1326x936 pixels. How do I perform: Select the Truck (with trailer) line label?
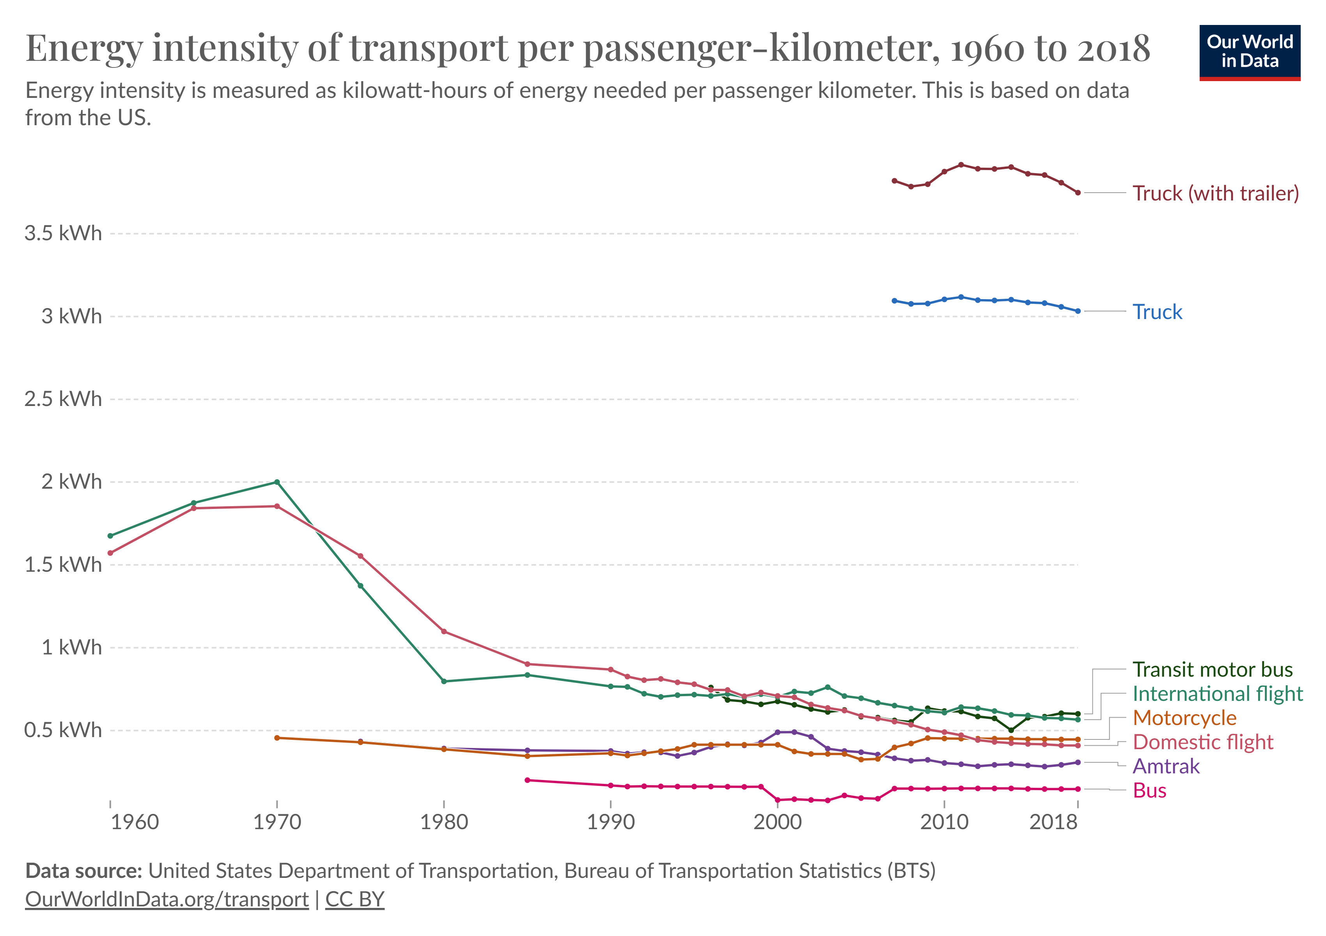[1215, 193]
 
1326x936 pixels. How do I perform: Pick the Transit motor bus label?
[1212, 669]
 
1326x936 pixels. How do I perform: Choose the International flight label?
[1218, 693]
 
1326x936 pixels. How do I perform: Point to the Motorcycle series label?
[1184, 718]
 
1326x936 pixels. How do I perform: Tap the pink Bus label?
[1149, 791]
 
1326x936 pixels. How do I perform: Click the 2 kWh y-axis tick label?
[71, 482]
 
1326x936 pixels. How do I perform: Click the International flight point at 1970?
[277, 482]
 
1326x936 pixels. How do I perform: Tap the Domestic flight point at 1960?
[110, 553]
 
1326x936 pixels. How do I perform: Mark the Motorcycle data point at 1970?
[277, 738]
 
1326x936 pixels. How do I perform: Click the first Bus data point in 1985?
[527, 781]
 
